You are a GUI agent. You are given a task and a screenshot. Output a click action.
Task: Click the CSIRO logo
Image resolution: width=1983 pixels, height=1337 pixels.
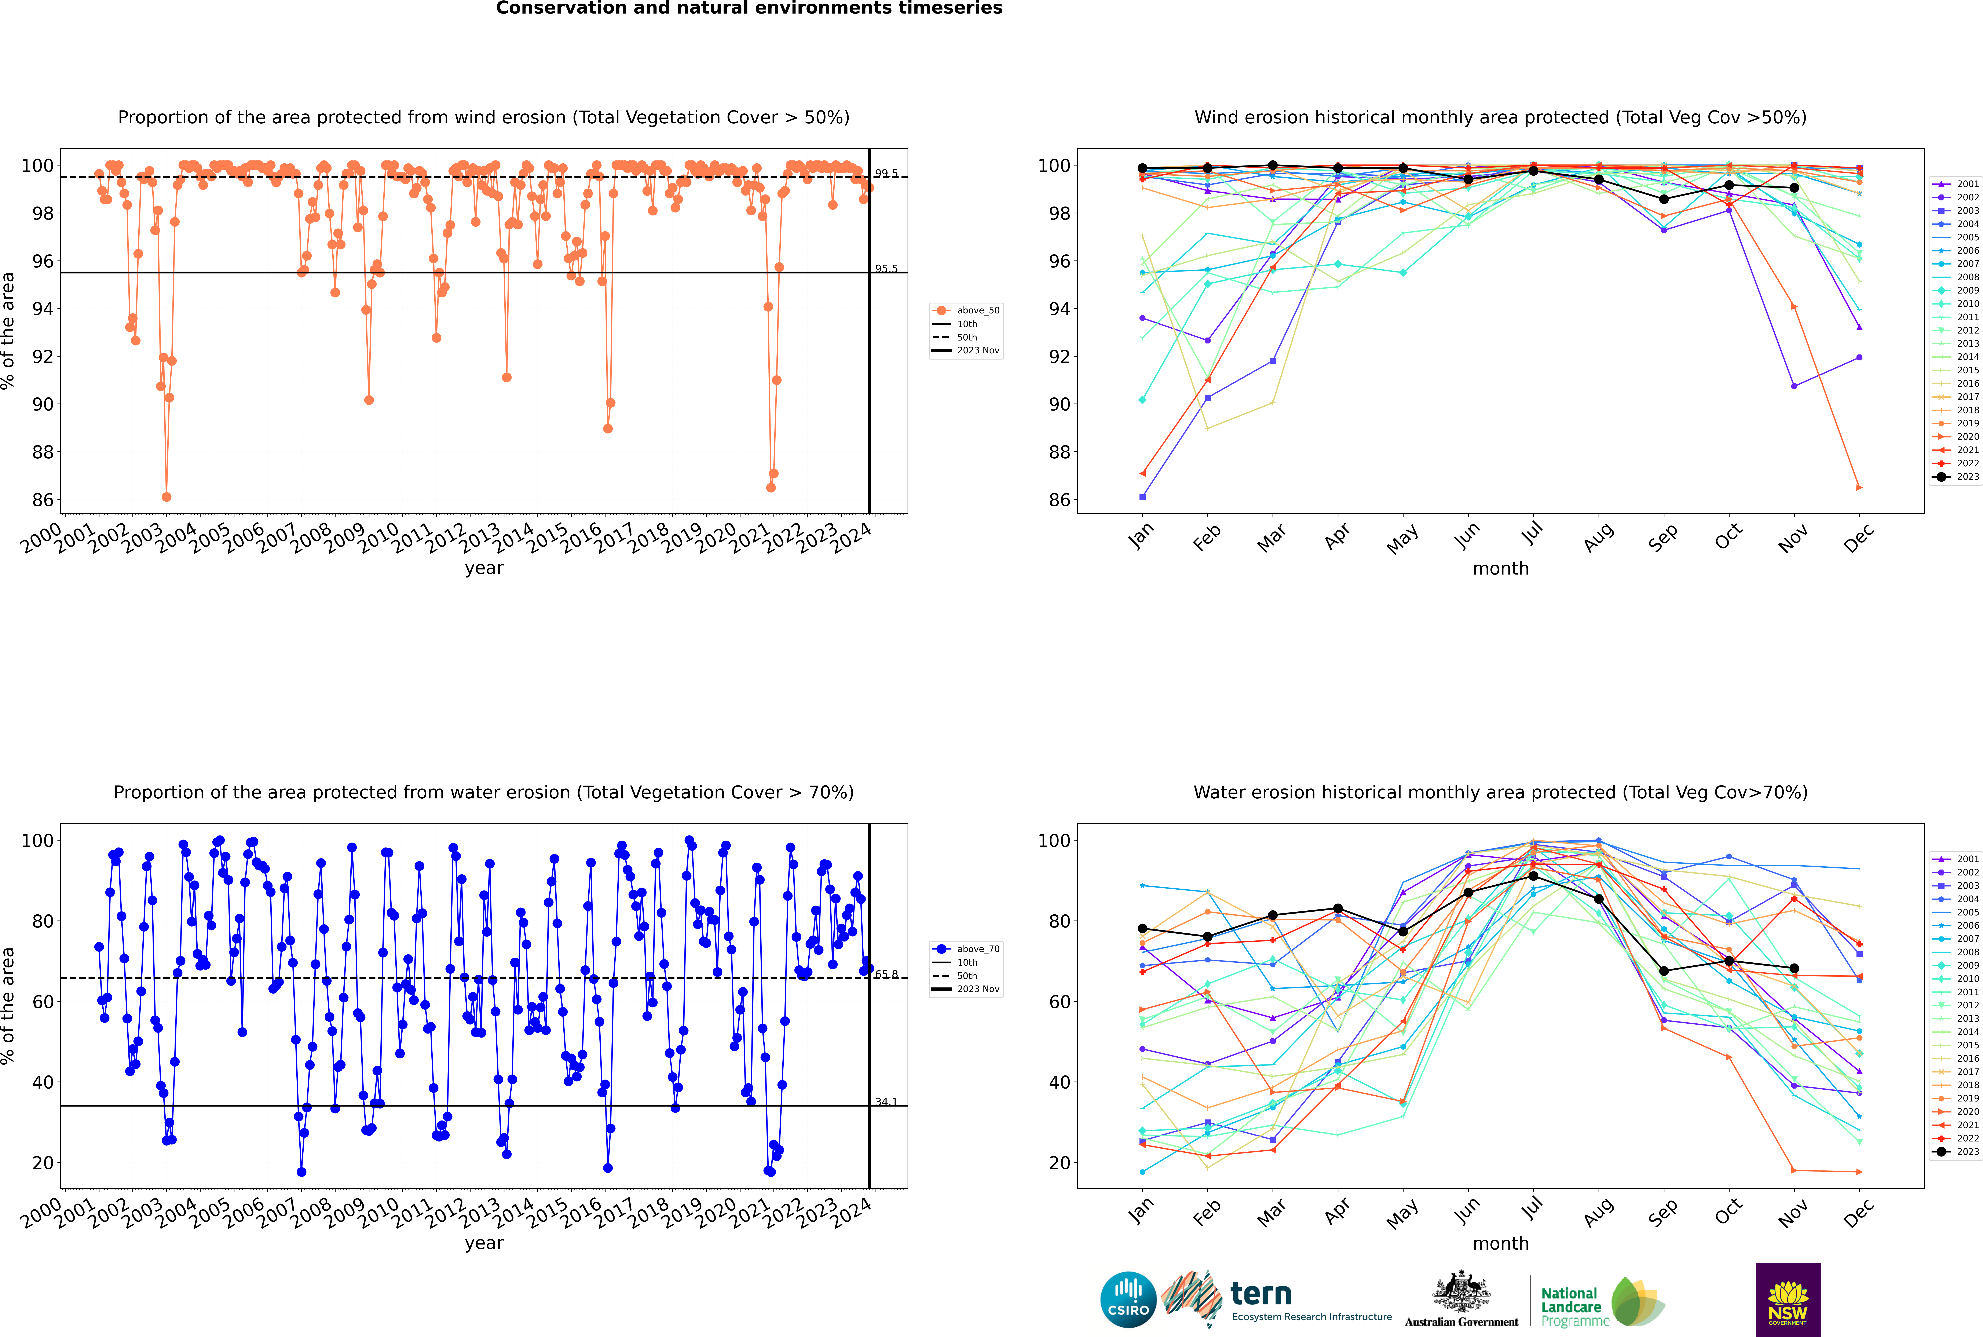point(1128,1300)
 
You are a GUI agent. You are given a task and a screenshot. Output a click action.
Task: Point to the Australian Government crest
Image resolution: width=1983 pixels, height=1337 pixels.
point(1461,1292)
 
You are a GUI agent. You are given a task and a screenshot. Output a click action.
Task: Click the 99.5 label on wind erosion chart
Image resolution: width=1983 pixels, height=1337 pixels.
point(886,174)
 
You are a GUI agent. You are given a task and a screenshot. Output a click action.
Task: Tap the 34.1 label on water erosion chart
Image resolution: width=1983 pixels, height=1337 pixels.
point(886,1103)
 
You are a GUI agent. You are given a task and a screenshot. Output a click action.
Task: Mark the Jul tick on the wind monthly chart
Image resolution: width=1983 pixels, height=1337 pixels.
point(1533,534)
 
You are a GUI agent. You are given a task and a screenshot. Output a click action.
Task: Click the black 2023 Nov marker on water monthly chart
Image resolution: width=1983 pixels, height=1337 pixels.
point(1794,969)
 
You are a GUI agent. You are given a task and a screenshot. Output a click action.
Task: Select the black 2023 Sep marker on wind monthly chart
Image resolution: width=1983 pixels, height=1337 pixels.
point(1663,200)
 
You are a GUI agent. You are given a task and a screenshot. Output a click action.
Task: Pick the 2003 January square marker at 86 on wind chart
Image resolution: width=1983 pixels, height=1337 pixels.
point(1142,497)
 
